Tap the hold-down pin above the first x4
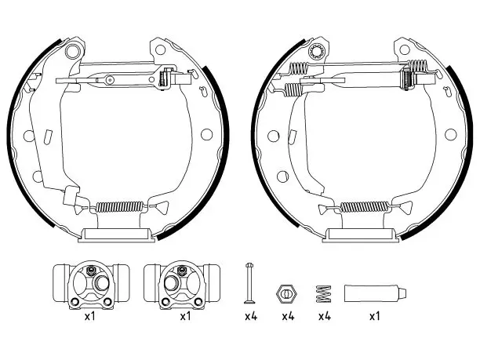coord(249,282)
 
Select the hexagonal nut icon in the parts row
coord(286,294)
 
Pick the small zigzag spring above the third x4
coord(324,294)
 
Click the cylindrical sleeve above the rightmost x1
coord(376,293)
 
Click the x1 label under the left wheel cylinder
coord(90,316)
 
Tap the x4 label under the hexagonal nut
coord(288,316)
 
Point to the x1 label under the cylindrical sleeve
coord(375,316)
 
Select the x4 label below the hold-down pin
coord(251,316)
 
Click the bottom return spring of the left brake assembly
coord(120,207)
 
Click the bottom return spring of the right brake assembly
coord(364,207)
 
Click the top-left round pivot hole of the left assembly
coord(72,51)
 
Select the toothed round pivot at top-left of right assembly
coord(315,51)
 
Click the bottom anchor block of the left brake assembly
coord(117,235)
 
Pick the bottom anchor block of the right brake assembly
coord(361,235)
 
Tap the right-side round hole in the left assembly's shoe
coord(206,134)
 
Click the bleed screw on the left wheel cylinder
coord(91,271)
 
